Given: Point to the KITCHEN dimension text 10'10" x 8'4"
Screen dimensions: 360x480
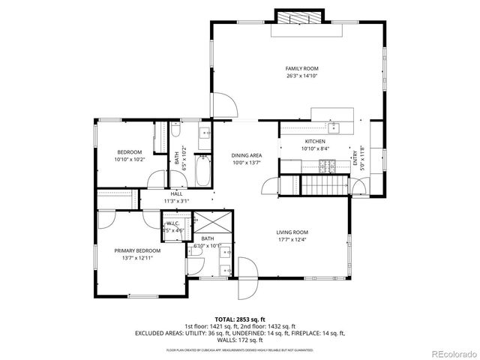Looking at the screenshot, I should (x=314, y=148).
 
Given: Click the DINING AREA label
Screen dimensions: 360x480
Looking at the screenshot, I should (x=246, y=155).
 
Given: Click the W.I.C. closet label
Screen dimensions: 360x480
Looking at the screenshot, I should (x=173, y=223).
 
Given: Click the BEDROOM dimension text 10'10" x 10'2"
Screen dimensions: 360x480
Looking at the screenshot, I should (x=130, y=159).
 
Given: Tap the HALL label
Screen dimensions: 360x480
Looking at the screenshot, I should (x=177, y=193).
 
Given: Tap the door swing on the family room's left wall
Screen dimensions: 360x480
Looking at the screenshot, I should (x=221, y=106).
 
